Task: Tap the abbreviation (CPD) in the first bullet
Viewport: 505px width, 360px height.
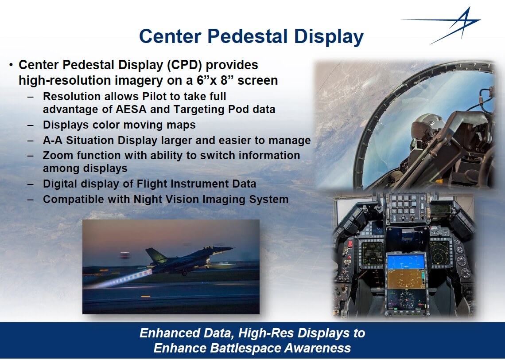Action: pos(184,65)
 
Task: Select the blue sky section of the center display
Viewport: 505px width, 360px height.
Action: pos(406,262)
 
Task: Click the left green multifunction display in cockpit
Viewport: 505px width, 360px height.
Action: pos(372,254)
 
